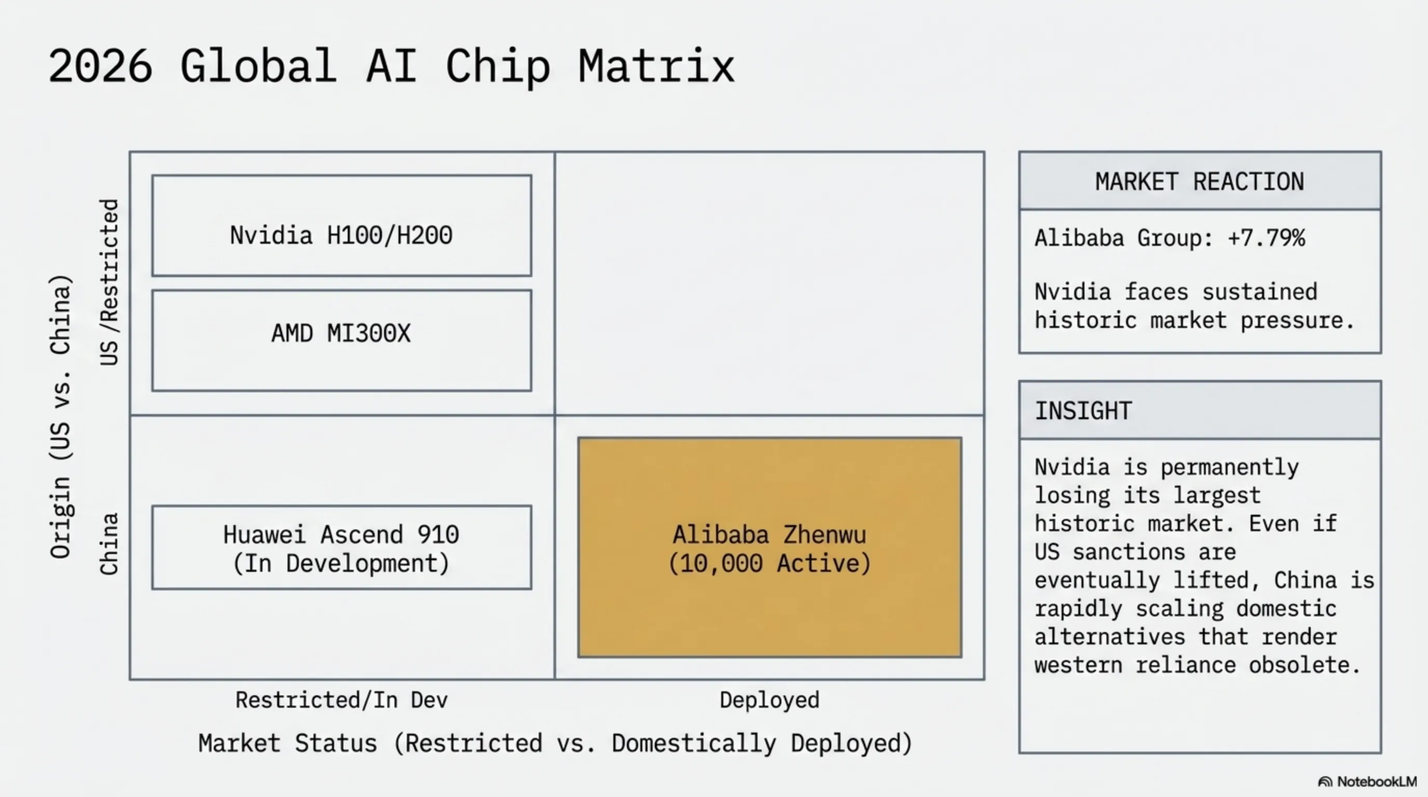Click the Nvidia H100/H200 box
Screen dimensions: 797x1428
(341, 226)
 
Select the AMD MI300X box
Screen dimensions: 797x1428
(341, 340)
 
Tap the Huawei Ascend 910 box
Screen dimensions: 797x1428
(341, 547)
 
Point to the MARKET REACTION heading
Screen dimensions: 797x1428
(1200, 182)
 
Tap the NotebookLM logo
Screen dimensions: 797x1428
(1367, 781)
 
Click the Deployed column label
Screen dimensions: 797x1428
(770, 700)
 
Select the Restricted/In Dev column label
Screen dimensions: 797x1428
(341, 700)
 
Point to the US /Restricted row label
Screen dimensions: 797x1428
(109, 283)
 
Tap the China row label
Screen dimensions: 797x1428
(109, 544)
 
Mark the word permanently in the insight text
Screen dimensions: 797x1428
(1230, 467)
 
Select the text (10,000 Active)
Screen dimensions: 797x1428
(770, 564)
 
